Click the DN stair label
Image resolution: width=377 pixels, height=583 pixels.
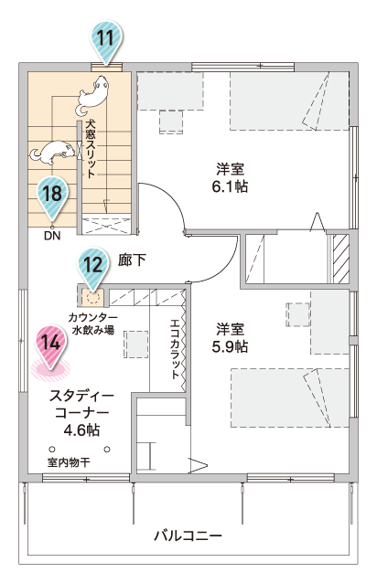point(52,236)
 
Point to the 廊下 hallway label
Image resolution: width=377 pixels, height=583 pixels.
point(132,260)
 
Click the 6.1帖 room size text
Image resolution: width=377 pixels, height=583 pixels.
point(230,186)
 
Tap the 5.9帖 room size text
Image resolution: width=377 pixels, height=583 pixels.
point(230,346)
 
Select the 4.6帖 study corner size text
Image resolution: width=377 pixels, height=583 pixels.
point(81,430)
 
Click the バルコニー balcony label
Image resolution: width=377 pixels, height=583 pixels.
point(188,535)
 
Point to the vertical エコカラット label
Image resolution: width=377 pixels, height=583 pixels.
point(175,348)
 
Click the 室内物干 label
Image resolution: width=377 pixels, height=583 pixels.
point(69,462)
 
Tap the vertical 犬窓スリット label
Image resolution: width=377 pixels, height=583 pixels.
point(90,148)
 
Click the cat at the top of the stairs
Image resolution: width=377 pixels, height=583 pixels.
point(92,96)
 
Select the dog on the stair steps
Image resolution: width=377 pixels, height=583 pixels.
point(52,152)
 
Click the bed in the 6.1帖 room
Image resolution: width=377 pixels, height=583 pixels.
point(289,101)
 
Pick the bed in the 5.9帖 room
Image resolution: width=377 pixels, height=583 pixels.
point(290,397)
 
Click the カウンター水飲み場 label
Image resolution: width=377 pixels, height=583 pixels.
point(93,323)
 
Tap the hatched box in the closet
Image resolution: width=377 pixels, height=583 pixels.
point(341,259)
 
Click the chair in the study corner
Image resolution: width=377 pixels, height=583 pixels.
point(135,344)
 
